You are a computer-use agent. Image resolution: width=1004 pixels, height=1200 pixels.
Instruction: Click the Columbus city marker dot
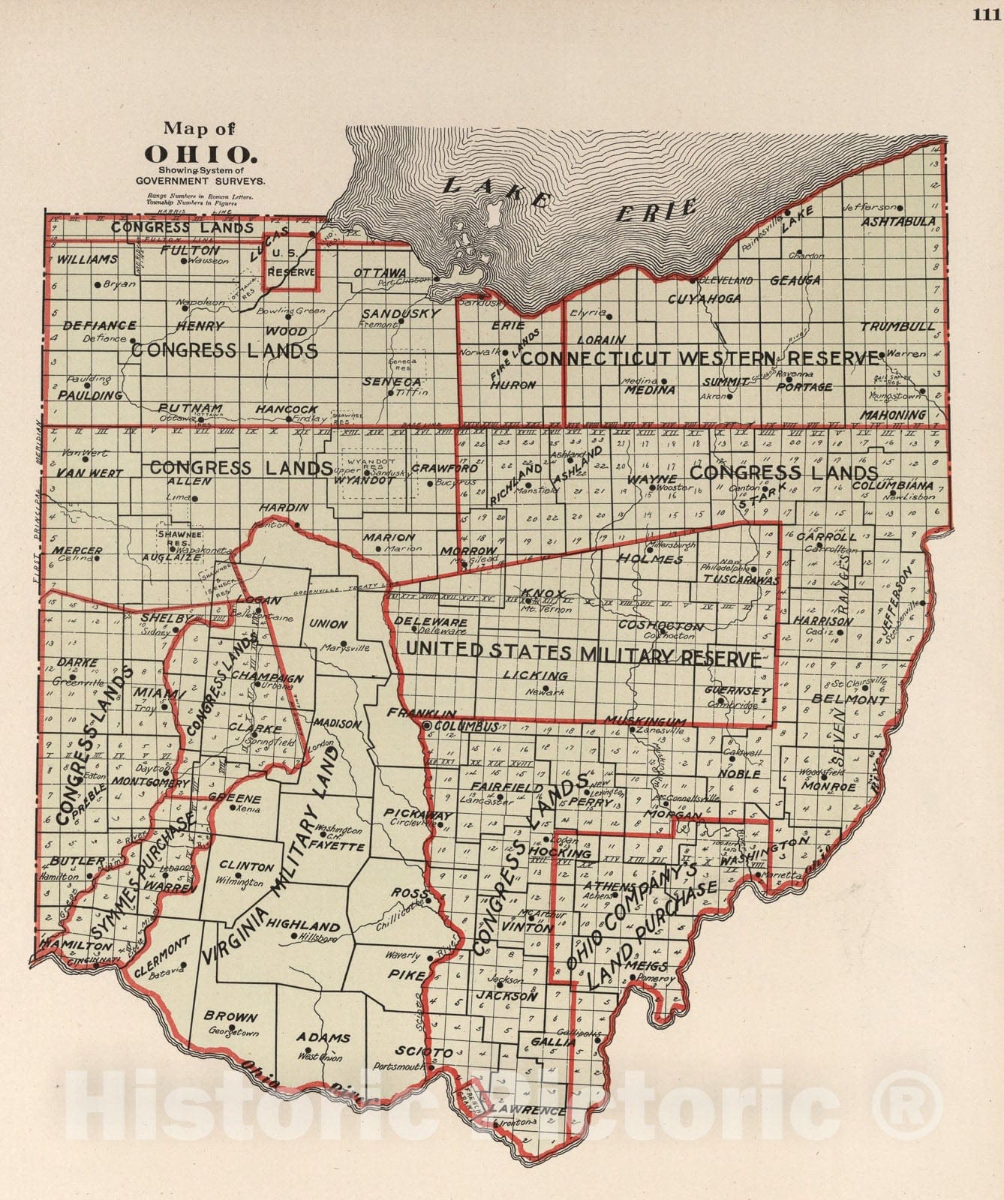427,726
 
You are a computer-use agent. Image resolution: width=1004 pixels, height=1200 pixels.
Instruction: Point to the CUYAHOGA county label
704,298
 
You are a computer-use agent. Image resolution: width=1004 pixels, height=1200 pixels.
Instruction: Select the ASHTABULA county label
897,221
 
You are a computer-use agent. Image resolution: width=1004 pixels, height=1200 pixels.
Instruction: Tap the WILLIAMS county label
86,259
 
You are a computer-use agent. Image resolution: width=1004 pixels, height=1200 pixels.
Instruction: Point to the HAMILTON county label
68,945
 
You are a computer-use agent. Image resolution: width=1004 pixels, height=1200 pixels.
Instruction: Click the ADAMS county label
323,1038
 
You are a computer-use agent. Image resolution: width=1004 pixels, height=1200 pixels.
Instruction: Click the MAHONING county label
893,415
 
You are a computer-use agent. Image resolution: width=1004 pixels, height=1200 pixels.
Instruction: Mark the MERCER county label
77,550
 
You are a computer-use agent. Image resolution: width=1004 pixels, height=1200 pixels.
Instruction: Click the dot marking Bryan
98,284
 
